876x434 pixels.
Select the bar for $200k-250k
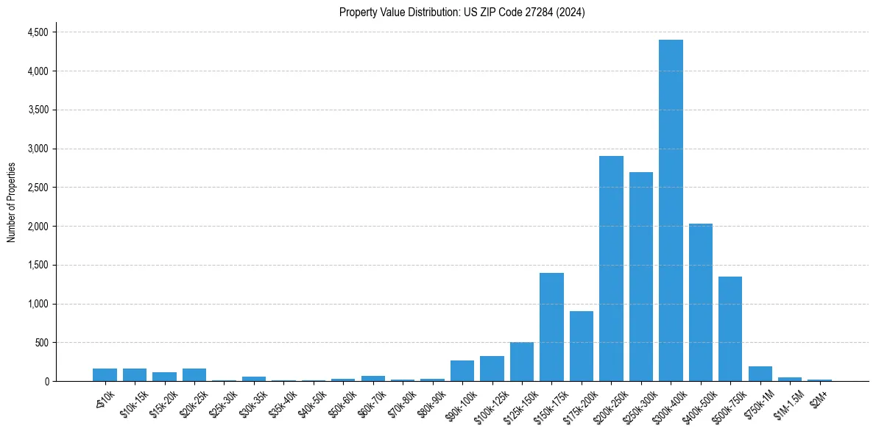(x=611, y=268)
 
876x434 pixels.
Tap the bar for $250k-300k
(x=640, y=277)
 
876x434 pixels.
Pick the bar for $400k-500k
(x=700, y=302)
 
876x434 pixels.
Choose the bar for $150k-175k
(x=551, y=327)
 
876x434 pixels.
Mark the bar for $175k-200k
(x=581, y=346)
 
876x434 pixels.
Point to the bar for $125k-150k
(x=521, y=362)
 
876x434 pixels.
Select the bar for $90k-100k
(x=462, y=371)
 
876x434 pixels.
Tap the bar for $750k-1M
(x=760, y=374)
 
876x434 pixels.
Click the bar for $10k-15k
(x=135, y=374)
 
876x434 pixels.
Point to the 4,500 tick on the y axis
(x=38, y=32)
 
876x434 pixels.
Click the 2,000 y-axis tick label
(x=38, y=227)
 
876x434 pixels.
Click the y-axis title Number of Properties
(x=11, y=202)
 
